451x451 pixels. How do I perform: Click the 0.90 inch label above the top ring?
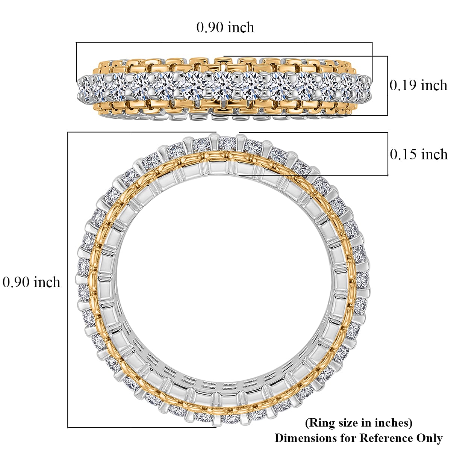coord(225,27)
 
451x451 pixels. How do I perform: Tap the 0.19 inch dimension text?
coord(418,85)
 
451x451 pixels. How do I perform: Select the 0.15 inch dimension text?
coord(418,154)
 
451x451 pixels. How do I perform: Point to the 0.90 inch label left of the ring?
coord(32,282)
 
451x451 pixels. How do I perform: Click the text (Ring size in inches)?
coord(359,423)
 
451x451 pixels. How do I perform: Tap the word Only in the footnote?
coord(428,438)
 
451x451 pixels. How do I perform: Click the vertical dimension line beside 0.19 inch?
coord(387,85)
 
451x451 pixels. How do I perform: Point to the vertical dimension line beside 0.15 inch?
coord(387,154)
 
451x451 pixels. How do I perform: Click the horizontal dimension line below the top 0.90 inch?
coord(224,43)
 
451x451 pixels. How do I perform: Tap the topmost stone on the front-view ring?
coord(227,142)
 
